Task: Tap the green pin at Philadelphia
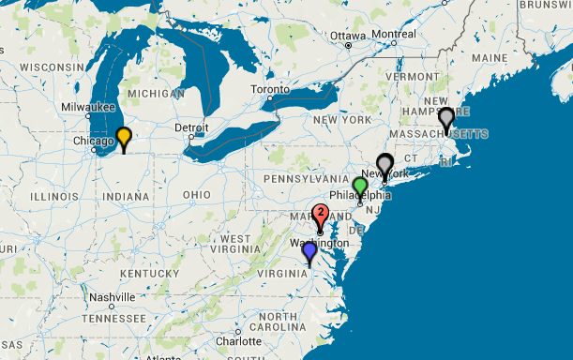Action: pyautogui.click(x=360, y=186)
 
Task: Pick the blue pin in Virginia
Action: pyautogui.click(x=309, y=251)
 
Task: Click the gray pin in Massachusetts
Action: pyautogui.click(x=446, y=118)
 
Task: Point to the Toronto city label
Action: pyautogui.click(x=270, y=90)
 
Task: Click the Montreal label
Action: pyautogui.click(x=394, y=34)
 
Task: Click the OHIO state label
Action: pyautogui.click(x=197, y=194)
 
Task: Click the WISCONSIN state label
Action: pyautogui.click(x=51, y=67)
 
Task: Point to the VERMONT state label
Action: pyautogui.click(x=405, y=76)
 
